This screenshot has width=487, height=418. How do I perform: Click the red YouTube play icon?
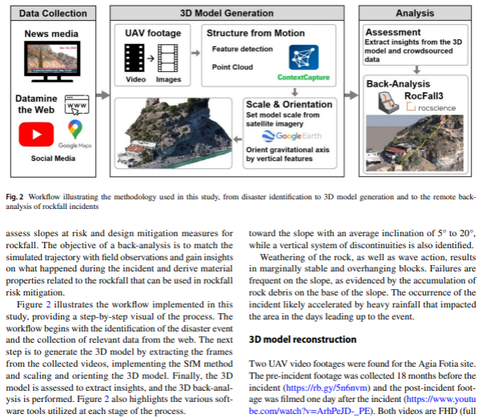click(x=36, y=135)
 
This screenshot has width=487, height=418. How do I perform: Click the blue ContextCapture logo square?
click(x=303, y=56)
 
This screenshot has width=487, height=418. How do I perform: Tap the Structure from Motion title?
click(x=255, y=33)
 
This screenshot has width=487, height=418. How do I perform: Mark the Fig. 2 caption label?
click(x=19, y=195)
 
